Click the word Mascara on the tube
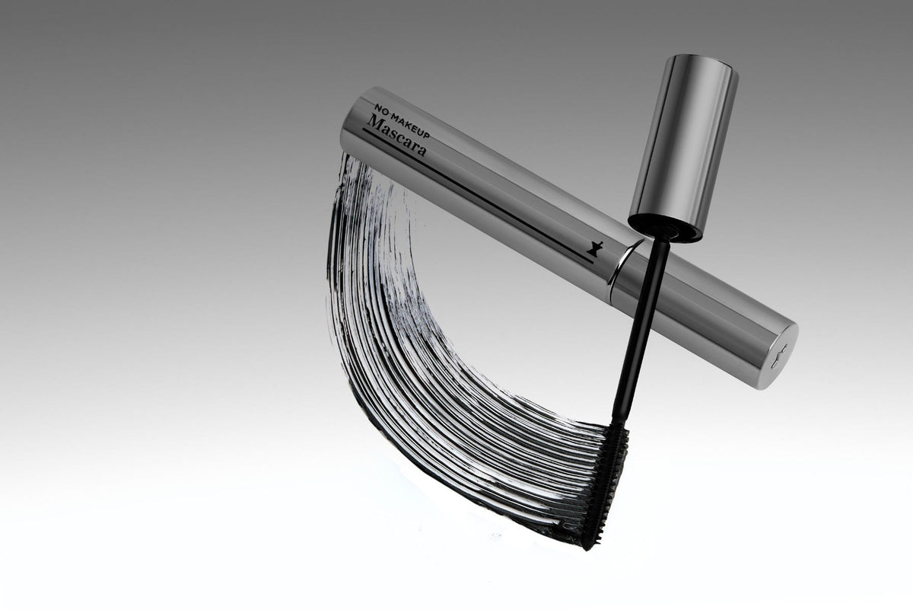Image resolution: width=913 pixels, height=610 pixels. pos(397,135)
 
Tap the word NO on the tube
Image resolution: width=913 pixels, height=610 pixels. pos(380,109)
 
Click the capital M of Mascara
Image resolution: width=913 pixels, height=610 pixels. pos(374,123)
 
